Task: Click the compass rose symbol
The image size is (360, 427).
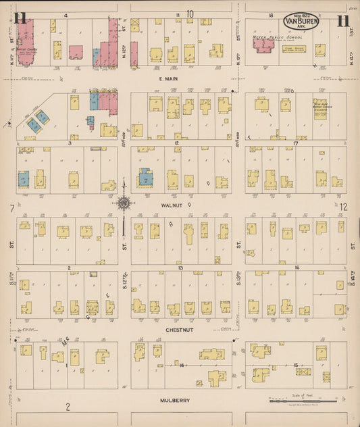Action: (x=124, y=201)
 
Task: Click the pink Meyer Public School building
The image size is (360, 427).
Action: (x=262, y=45)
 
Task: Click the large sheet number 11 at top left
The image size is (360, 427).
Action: (x=20, y=18)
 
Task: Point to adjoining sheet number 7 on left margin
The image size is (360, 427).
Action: (x=11, y=207)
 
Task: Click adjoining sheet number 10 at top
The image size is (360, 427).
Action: (x=190, y=14)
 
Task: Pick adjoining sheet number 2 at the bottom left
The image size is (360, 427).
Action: (x=68, y=407)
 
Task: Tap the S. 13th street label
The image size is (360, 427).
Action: (x=238, y=284)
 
